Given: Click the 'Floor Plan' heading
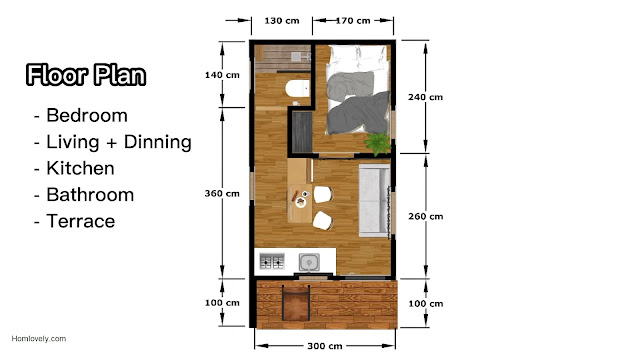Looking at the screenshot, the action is [x=86, y=75].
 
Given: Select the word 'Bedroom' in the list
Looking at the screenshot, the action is [x=87, y=116].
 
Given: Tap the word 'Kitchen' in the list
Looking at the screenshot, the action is [x=80, y=168].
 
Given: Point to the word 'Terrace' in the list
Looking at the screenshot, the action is [x=81, y=221].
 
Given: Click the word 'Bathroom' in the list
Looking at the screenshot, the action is [x=90, y=195].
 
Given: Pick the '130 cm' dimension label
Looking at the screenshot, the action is [x=282, y=20].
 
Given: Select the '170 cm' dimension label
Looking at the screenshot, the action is [x=353, y=20].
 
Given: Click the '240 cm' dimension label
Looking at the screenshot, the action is [x=425, y=97].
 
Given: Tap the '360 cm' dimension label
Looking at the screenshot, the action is [x=222, y=193].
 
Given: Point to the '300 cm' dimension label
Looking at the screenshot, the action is [x=325, y=346].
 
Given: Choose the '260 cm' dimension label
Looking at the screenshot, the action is [x=426, y=216].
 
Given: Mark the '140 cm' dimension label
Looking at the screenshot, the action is [x=222, y=75].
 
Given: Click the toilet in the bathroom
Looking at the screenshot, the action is [x=297, y=89].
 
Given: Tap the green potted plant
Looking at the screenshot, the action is [x=378, y=143].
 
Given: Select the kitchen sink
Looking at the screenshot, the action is [x=309, y=262].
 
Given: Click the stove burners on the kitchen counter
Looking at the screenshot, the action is [x=272, y=261].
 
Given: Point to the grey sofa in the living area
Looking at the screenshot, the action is [x=374, y=200].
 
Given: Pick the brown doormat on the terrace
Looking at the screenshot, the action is [x=296, y=303].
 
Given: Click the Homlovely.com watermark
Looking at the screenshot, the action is [x=39, y=338].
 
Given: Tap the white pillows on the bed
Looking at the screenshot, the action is [x=358, y=56].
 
